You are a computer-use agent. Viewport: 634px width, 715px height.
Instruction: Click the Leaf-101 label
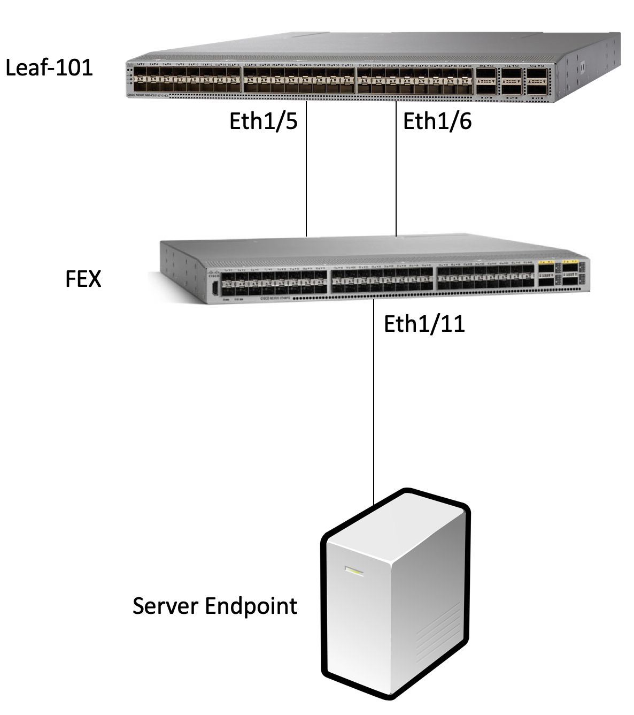point(49,68)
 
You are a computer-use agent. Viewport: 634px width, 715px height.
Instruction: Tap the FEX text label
point(83,279)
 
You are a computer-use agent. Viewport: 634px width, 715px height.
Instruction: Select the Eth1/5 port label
point(263,121)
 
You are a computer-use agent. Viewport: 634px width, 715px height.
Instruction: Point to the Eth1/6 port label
point(437,121)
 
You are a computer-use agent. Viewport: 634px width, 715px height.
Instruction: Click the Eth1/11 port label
point(424,324)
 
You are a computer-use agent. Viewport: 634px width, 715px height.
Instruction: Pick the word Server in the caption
point(165,606)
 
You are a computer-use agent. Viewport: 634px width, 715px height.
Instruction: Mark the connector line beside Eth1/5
point(306,171)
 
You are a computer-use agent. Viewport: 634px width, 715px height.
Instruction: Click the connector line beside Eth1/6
point(396,171)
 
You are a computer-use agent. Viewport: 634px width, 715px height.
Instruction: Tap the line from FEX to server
point(373,401)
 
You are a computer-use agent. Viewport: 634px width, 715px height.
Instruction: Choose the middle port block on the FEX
point(382,280)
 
